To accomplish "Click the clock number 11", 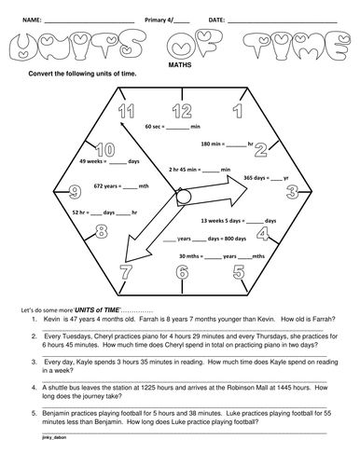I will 127,113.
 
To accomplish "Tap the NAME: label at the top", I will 31,19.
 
